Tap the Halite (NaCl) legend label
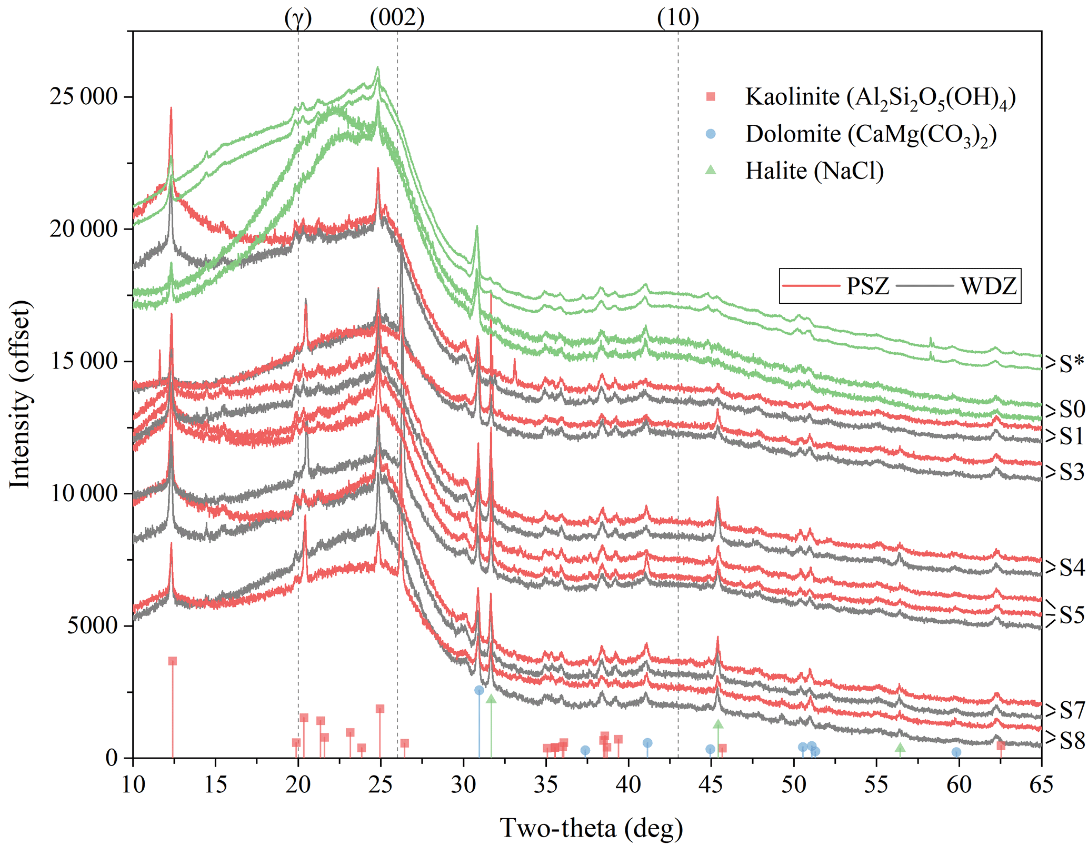814,171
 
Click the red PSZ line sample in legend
811,286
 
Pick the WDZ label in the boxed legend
988,286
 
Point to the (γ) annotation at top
298,18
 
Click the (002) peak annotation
397,18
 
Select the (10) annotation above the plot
677,18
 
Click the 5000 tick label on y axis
92,625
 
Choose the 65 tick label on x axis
1041,785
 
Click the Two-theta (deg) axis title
591,828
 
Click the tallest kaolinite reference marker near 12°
172,661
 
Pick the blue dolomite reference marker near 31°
479,690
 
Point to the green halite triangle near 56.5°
900,748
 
